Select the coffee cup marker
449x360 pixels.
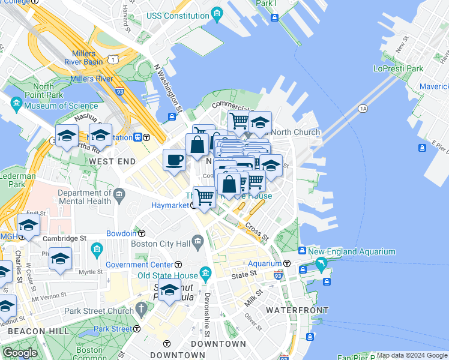point(174,160)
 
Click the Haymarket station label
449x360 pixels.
point(169,205)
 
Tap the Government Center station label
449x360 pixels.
point(140,265)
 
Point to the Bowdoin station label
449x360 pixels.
point(121,233)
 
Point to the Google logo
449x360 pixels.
point(20,353)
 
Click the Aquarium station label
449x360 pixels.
point(265,263)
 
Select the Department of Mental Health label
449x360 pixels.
point(85,197)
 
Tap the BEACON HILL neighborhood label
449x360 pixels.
point(29,331)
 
